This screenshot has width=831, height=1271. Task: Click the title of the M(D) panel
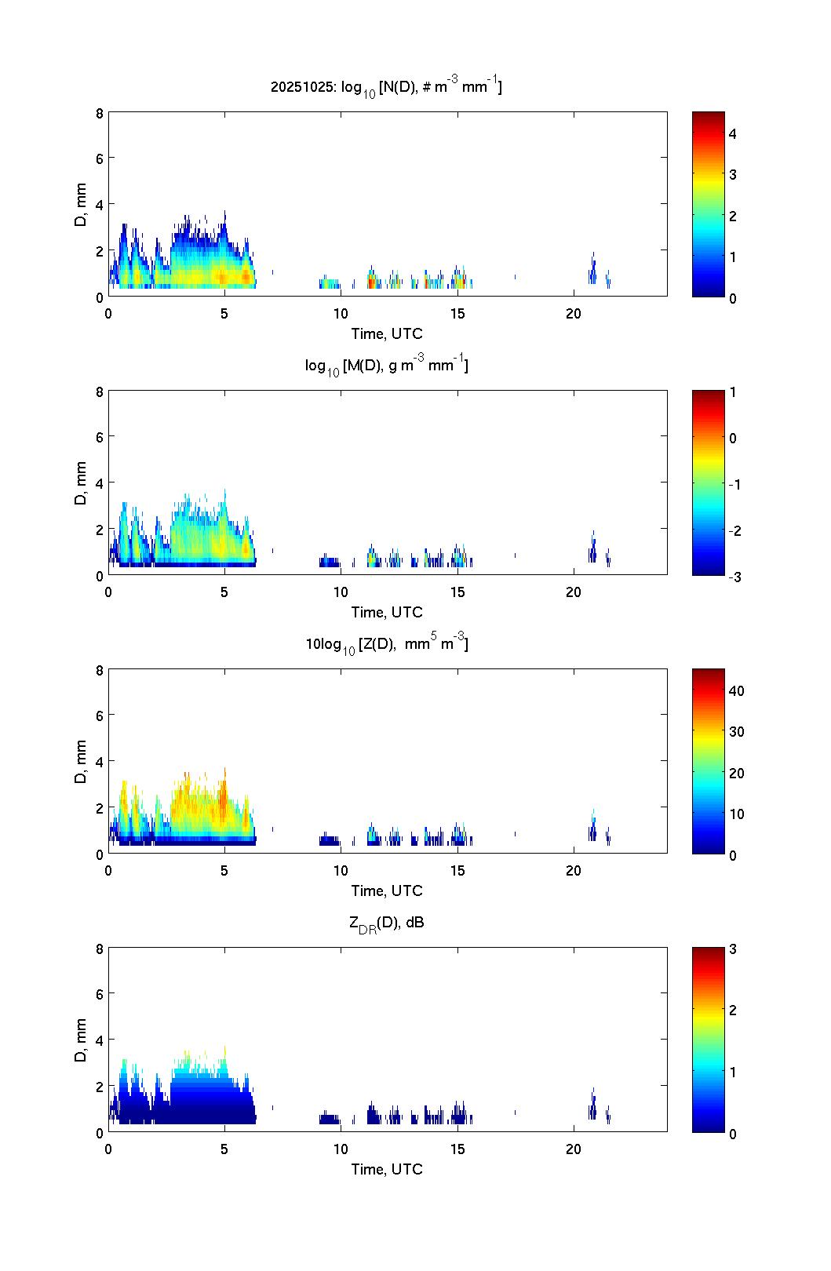[x=386, y=366]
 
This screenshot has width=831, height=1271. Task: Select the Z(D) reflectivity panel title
[x=386, y=644]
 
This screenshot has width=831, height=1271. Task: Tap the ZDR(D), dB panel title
[x=386, y=923]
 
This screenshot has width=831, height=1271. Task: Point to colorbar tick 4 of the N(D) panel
[x=732, y=134]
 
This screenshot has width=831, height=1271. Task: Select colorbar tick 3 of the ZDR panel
[x=732, y=949]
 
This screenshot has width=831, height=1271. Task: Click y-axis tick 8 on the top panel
[x=100, y=113]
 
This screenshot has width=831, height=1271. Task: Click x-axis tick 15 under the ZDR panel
[x=457, y=1149]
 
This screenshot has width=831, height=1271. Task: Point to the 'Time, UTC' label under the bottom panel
[x=387, y=1169]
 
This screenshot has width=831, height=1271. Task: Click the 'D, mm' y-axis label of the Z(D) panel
[x=80, y=761]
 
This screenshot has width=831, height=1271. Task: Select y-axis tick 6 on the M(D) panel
[x=100, y=436]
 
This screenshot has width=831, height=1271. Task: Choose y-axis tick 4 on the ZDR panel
[x=100, y=1040]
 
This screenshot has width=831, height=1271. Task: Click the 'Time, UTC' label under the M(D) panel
[x=387, y=612]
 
